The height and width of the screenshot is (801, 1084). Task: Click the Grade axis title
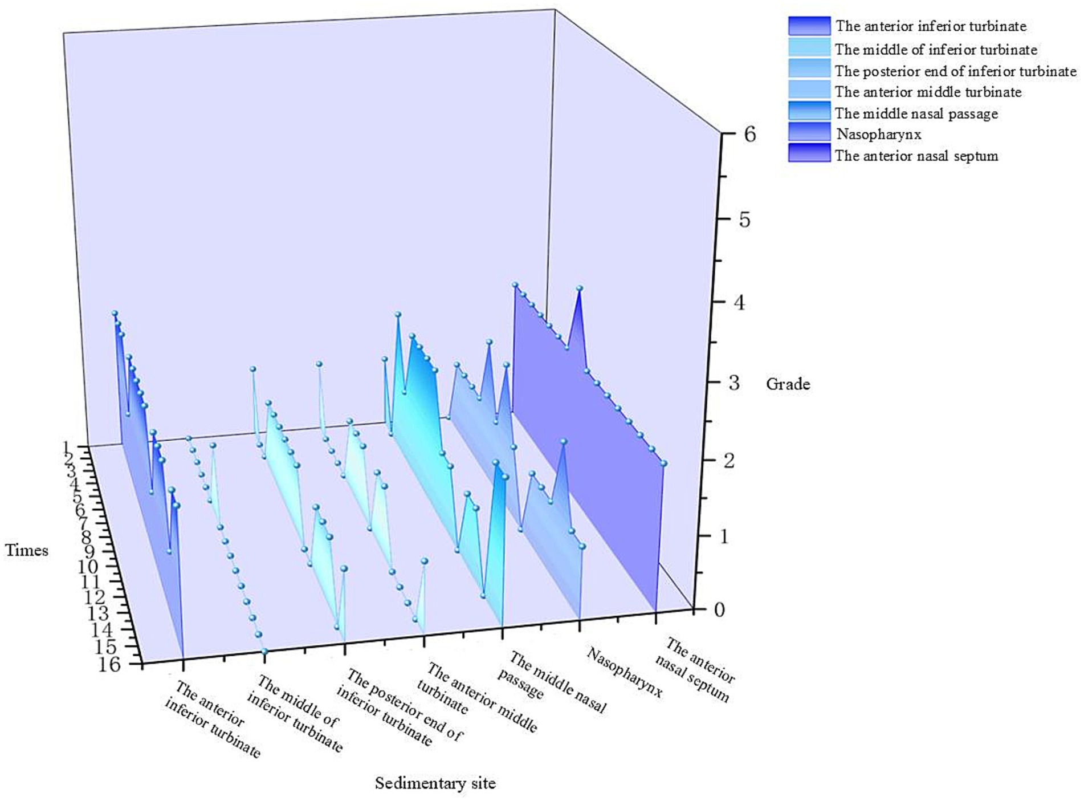pos(788,384)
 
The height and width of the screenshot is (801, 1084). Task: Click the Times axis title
pos(27,550)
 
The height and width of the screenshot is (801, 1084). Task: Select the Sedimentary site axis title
pos(435,783)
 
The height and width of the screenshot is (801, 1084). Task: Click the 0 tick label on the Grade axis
pos(719,609)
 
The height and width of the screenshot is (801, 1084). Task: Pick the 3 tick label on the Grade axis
pos(734,383)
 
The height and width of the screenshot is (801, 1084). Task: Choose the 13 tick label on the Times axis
pos(98,614)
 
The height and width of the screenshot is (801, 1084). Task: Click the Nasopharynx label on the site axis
pos(625,673)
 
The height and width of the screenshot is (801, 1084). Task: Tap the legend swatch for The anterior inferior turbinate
pos(809,26)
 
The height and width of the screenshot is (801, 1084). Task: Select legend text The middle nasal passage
pos(916,113)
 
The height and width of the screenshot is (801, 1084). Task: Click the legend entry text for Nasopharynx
pos(878,135)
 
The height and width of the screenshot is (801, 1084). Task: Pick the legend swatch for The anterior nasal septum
pos(809,153)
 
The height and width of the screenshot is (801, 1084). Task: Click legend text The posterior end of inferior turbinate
pos(955,71)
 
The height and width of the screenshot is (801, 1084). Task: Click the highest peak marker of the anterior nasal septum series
pos(580,288)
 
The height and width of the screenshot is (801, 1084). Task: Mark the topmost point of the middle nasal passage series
pos(398,315)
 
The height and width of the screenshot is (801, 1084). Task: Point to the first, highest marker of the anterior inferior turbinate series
pos(115,313)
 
